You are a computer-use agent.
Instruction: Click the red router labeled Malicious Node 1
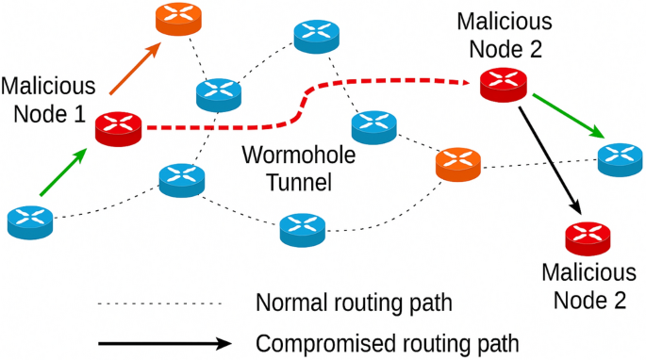coord(120,126)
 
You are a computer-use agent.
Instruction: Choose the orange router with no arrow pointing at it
coord(459,166)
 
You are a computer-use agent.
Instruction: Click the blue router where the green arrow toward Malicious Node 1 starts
coord(31,221)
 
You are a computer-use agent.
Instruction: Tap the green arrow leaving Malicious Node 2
coord(564,114)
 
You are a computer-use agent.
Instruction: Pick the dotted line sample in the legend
coord(159,304)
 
